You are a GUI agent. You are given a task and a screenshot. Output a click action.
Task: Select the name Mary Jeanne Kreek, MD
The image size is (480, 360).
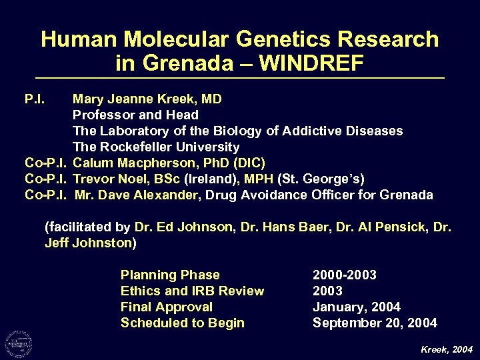pyautogui.click(x=147, y=99)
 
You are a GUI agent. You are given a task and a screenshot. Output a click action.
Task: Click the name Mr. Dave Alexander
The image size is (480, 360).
pyautogui.click(x=137, y=195)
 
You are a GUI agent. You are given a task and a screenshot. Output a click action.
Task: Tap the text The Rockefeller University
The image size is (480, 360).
pyautogui.click(x=155, y=147)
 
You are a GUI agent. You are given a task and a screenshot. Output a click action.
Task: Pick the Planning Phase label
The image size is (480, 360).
pyautogui.click(x=170, y=275)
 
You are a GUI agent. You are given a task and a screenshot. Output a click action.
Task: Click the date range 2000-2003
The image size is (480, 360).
pyautogui.click(x=345, y=275)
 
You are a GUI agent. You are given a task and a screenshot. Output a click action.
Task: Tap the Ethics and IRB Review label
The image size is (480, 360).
pyautogui.click(x=192, y=291)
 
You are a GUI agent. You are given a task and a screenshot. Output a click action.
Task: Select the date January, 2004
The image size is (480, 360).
pyautogui.click(x=357, y=307)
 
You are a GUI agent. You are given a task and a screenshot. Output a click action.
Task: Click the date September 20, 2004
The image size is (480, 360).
pyautogui.click(x=375, y=323)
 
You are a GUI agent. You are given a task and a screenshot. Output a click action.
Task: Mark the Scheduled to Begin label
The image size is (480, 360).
pyautogui.click(x=183, y=323)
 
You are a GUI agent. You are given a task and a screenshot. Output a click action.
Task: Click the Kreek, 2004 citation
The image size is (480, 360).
pyautogui.click(x=447, y=349)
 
